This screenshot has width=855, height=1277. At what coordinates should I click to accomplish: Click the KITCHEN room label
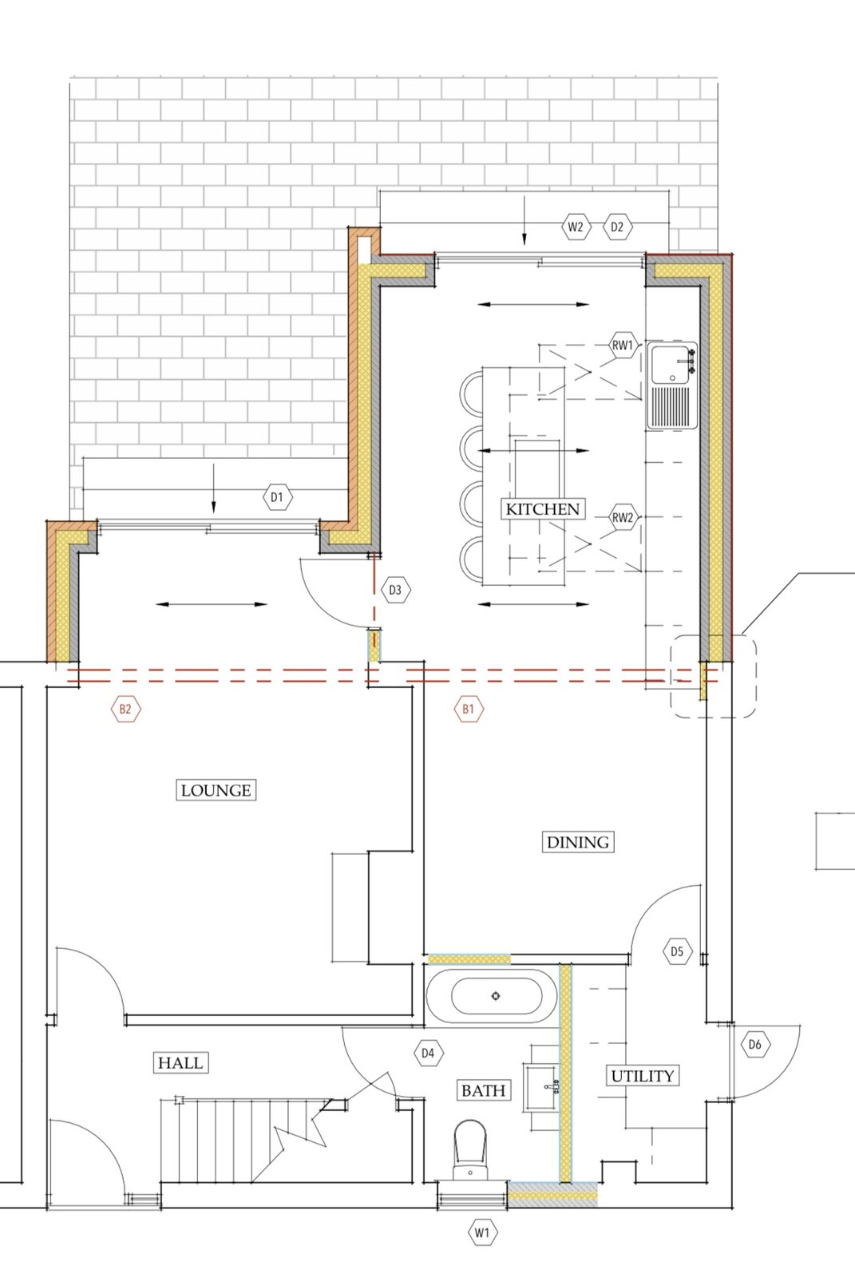[542, 509]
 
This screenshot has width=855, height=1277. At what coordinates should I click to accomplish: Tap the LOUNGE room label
[216, 790]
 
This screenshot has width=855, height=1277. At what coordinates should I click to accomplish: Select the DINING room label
[578, 841]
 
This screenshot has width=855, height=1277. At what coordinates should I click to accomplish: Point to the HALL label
[180, 1062]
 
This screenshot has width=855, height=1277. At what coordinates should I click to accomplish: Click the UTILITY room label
[643, 1076]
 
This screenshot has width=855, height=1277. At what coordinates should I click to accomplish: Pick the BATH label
[483, 1090]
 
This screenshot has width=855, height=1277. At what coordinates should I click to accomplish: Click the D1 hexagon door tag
[277, 497]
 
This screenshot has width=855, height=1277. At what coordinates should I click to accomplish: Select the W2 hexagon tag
[576, 227]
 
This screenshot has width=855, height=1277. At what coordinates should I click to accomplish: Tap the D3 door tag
[395, 590]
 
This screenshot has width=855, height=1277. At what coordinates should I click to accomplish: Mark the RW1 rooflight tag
[622, 345]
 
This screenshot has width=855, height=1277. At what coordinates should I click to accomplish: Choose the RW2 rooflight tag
[622, 518]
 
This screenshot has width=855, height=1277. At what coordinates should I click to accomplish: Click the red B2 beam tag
[125, 710]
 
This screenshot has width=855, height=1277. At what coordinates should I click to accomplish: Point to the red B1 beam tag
[469, 710]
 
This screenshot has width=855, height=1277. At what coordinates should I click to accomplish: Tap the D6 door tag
[754, 1045]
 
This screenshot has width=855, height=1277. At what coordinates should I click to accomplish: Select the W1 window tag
[482, 1232]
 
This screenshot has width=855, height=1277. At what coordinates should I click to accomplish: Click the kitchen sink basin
[671, 365]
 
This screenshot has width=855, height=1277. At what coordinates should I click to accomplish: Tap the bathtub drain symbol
[496, 996]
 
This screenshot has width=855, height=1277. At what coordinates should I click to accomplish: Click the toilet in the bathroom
[470, 1150]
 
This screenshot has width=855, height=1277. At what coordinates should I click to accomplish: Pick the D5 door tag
[677, 951]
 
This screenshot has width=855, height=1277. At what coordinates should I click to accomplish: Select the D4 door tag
[428, 1053]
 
